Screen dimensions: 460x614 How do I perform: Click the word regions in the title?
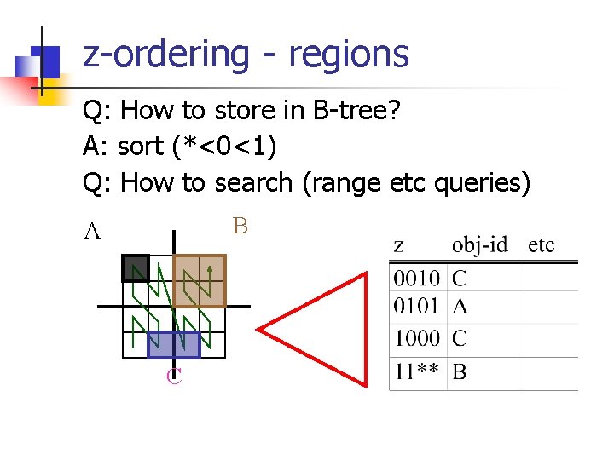click(349, 55)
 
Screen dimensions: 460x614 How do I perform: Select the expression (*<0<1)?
click(223, 147)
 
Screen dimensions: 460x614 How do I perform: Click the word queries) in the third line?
click(482, 183)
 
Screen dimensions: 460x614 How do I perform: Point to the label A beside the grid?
click(92, 231)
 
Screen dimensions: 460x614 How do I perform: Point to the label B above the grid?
click(240, 226)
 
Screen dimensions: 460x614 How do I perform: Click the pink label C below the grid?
click(174, 376)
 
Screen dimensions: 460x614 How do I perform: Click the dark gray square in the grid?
click(136, 268)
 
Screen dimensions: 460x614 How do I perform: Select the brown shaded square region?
click(200, 281)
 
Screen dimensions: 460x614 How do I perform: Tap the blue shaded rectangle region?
click(174, 344)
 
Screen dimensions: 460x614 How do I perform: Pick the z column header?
click(398, 246)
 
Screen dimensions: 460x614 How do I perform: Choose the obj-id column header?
click(479, 245)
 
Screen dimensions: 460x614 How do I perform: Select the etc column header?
click(542, 245)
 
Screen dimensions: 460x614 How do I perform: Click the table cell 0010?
click(416, 278)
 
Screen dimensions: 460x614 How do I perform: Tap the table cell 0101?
click(416, 306)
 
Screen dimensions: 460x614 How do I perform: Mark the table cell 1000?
click(416, 338)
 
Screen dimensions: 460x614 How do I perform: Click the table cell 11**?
click(416, 371)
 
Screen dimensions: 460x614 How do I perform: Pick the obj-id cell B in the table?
click(460, 371)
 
